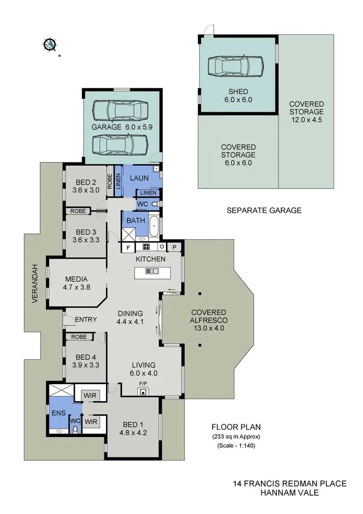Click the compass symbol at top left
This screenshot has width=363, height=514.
(x=49, y=45)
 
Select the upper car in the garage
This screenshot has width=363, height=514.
(x=120, y=110)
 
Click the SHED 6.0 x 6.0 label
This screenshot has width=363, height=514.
(x=238, y=96)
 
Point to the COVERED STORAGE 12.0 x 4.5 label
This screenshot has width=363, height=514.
(x=306, y=111)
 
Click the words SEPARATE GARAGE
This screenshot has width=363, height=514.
(x=264, y=210)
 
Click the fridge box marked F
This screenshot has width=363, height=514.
(x=128, y=247)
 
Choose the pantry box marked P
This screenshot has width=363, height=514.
(x=174, y=247)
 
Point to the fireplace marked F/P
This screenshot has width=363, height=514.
(x=143, y=390)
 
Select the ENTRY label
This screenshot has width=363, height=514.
(x=86, y=320)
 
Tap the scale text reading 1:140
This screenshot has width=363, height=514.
(x=236, y=446)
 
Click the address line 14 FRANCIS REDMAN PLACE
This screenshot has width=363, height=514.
(x=289, y=483)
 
